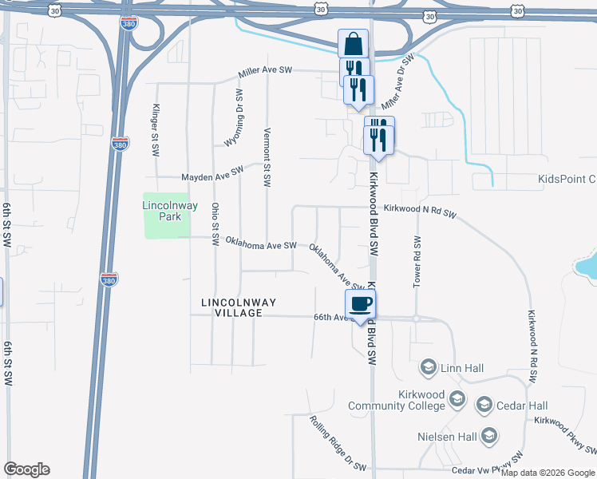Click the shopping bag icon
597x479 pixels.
coord(353,43)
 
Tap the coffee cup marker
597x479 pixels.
coord(359,304)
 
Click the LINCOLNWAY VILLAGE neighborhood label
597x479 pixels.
coord(238,307)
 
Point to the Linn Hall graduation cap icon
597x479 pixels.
coord(429,367)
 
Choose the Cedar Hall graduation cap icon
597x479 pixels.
coord(483,406)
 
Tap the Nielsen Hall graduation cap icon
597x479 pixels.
coord(488,436)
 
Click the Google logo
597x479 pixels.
coord(26,469)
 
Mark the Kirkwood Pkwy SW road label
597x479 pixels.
coord(565,432)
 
